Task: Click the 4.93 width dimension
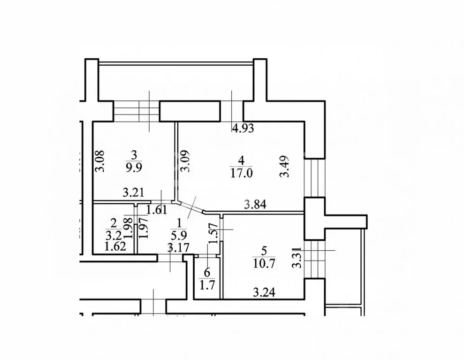point(243,128)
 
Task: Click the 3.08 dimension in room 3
point(99,161)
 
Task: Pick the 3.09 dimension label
point(186,161)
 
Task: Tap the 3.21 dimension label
point(132,192)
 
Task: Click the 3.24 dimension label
point(263,294)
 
